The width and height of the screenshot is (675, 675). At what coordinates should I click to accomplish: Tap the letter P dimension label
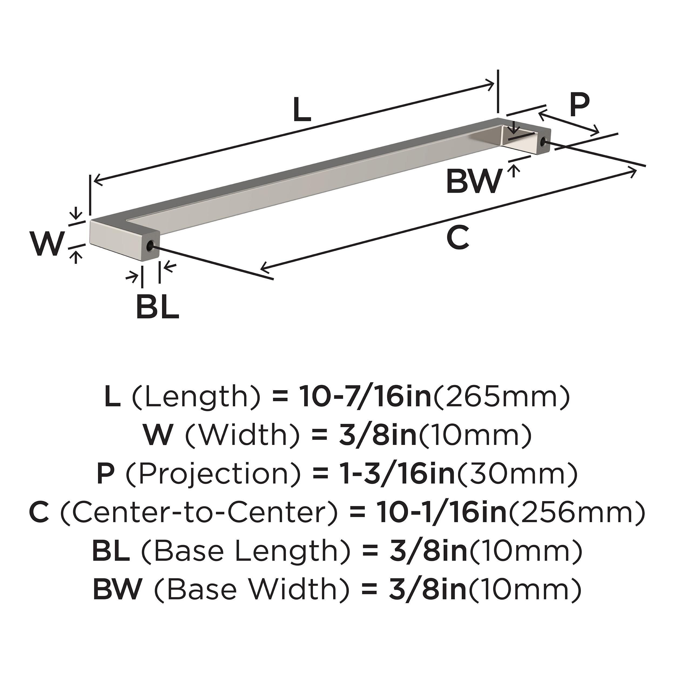click(579, 105)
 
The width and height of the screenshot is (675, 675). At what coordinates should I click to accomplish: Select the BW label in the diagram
click(474, 181)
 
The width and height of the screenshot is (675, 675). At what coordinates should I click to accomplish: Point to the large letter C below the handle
click(457, 238)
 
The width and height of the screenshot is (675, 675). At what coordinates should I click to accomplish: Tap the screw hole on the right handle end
click(543, 141)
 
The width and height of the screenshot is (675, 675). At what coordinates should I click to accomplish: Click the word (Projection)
click(213, 474)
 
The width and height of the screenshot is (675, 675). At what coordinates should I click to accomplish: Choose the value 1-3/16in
click(398, 474)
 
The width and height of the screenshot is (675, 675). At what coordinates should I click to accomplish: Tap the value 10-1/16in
click(441, 512)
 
